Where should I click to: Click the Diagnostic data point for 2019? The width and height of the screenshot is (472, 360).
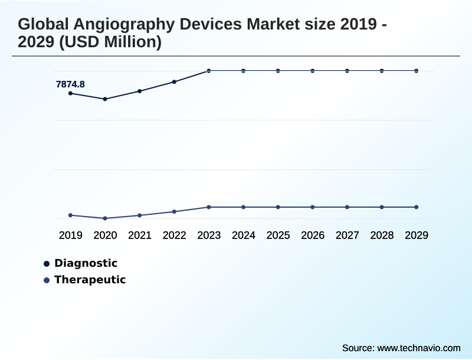pyautogui.click(x=71, y=93)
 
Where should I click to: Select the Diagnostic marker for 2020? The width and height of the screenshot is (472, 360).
pyautogui.click(x=105, y=99)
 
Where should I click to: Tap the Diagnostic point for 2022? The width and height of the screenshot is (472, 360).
pyautogui.click(x=174, y=81)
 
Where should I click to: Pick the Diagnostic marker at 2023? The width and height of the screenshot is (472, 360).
pyautogui.click(x=209, y=71)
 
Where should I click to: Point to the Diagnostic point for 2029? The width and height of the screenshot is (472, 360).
pyautogui.click(x=417, y=71)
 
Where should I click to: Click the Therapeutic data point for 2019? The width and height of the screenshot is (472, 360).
pyautogui.click(x=71, y=215)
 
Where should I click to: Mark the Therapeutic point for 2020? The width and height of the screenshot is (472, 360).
pyautogui.click(x=105, y=218)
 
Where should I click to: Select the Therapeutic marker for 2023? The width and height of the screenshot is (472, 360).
pyautogui.click(x=209, y=207)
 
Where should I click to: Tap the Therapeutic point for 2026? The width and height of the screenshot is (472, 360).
pyautogui.click(x=313, y=207)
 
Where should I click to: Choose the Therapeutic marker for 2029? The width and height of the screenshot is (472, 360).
pyautogui.click(x=417, y=207)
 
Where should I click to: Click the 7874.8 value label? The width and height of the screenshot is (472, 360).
pyautogui.click(x=70, y=84)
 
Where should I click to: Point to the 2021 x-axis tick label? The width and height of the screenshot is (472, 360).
pyautogui.click(x=140, y=235)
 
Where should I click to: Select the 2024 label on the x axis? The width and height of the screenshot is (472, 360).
pyautogui.click(x=244, y=235)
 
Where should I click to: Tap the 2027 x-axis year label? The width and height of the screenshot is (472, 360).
pyautogui.click(x=348, y=235)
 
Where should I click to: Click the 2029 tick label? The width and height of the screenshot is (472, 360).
pyautogui.click(x=417, y=235)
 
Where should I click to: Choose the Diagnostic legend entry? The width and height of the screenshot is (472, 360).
pyautogui.click(x=86, y=263)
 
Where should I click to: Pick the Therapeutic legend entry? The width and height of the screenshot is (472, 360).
pyautogui.click(x=90, y=280)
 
